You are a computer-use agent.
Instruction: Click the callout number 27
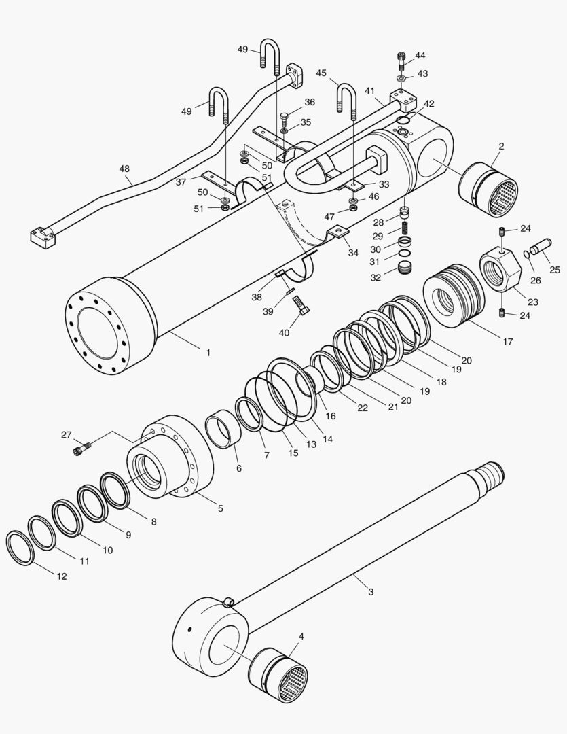66,435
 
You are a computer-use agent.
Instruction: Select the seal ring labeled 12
20,548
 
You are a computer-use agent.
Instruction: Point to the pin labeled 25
541,246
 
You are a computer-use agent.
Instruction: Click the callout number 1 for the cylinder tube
208,353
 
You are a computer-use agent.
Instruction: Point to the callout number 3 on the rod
371,592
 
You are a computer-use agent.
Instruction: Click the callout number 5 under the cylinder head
220,508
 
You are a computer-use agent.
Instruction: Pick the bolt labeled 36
284,118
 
